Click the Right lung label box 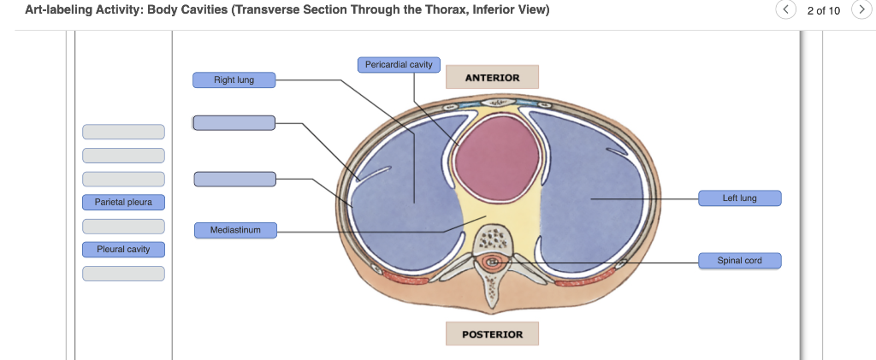click(x=234, y=80)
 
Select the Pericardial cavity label click(x=398, y=65)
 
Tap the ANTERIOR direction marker click(x=492, y=78)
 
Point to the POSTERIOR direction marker click(x=492, y=333)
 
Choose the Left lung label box click(x=739, y=198)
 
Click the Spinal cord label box click(x=739, y=260)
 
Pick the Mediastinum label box click(x=234, y=230)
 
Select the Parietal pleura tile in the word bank click(x=123, y=203)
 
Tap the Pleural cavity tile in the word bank click(x=123, y=250)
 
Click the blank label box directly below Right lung click(x=234, y=123)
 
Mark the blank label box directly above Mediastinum click(x=234, y=179)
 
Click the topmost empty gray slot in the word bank click(x=123, y=132)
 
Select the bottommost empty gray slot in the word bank click(x=123, y=274)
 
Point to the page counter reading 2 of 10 click(x=823, y=10)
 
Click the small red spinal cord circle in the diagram click(x=492, y=263)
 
